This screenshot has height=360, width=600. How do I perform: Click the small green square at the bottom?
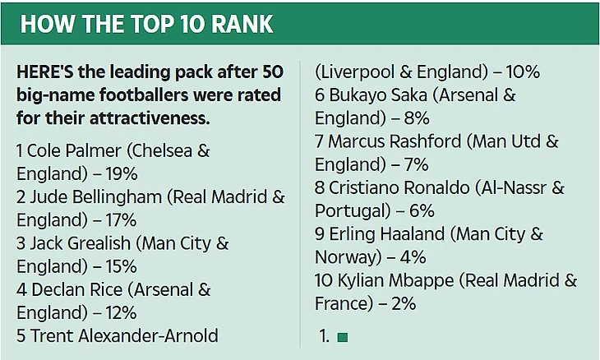pyautogui.click(x=342, y=337)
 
